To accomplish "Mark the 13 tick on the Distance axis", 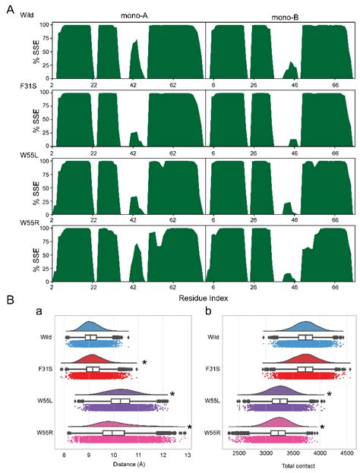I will [187, 453].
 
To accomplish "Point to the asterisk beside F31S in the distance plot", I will [144, 363].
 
